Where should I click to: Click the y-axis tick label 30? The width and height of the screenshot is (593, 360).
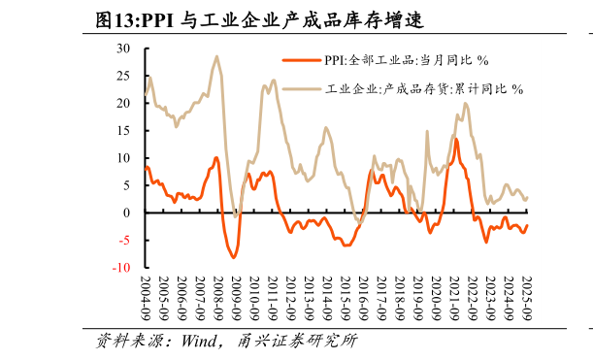point(123,48)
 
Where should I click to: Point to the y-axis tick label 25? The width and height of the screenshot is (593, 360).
point(123,75)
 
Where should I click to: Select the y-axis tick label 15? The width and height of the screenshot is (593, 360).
point(123,130)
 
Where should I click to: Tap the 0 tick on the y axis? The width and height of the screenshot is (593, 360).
point(127,213)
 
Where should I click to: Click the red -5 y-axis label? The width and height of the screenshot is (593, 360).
point(124,240)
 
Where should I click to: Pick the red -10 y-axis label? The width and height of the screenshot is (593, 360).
point(121,267)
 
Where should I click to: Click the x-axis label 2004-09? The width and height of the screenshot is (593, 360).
point(146,297)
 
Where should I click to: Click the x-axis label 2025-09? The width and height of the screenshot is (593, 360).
point(525,297)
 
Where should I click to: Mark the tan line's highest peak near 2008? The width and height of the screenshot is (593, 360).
point(216,56)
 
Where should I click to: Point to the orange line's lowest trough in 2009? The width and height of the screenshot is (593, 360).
point(233,257)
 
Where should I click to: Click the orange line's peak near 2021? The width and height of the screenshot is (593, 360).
point(455,139)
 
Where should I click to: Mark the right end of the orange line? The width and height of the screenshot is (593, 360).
point(527,225)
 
